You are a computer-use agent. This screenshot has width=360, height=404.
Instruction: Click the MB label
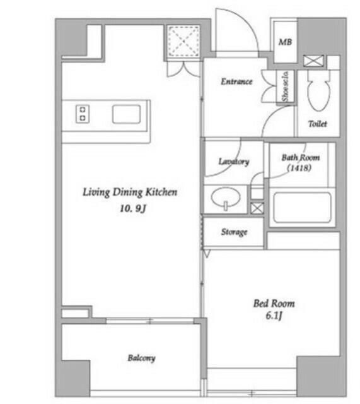[x=285, y=42]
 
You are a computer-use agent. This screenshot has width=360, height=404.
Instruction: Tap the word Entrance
[x=236, y=81]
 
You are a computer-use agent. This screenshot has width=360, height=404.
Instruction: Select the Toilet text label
[x=318, y=124]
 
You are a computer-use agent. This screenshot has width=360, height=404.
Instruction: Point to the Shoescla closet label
[x=285, y=86]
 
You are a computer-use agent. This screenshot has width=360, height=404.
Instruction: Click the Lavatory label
[x=234, y=162]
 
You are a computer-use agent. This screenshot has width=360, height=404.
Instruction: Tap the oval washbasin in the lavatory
[x=226, y=198]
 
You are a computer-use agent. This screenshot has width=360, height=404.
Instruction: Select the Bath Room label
[x=301, y=157]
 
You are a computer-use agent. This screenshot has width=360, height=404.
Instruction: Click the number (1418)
[x=299, y=168]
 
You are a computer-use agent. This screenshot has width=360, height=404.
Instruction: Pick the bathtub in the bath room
[x=302, y=208]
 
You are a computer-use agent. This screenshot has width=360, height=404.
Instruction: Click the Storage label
[x=234, y=232]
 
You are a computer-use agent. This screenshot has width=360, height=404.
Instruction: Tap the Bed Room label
[x=274, y=304]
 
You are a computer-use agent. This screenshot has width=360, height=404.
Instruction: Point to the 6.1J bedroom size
[x=274, y=316]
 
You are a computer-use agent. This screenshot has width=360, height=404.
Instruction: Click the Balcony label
[x=141, y=358]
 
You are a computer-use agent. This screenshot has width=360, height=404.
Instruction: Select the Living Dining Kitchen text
[x=130, y=192]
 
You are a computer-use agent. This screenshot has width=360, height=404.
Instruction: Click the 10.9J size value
[x=133, y=208]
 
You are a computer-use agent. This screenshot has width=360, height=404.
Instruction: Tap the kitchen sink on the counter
[x=126, y=114]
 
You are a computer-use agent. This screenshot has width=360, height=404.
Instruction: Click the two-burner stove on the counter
[x=83, y=114]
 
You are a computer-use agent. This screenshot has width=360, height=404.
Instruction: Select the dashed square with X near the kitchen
[x=183, y=41]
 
